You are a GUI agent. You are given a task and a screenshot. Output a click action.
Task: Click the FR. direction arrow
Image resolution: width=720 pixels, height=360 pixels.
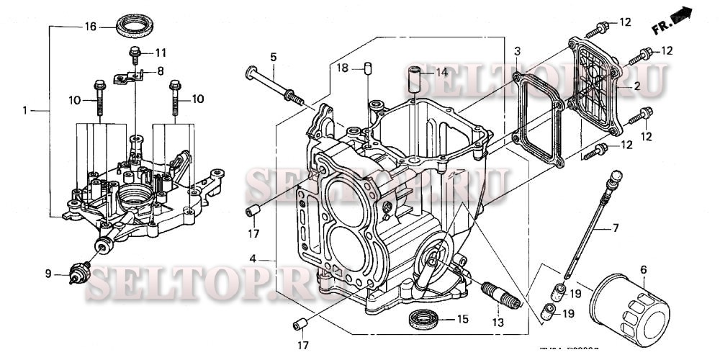pyautogui.click(x=680, y=19)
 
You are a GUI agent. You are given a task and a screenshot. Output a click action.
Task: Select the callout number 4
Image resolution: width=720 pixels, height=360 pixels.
pyautogui.click(x=253, y=258)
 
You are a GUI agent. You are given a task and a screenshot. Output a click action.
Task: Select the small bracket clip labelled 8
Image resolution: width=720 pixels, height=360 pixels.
pyautogui.click(x=132, y=75)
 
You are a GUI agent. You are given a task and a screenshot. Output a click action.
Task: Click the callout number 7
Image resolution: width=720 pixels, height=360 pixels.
pyautogui.click(x=616, y=228)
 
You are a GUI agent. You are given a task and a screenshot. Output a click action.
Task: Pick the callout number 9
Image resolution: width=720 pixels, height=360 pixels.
pyautogui.click(x=48, y=273)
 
